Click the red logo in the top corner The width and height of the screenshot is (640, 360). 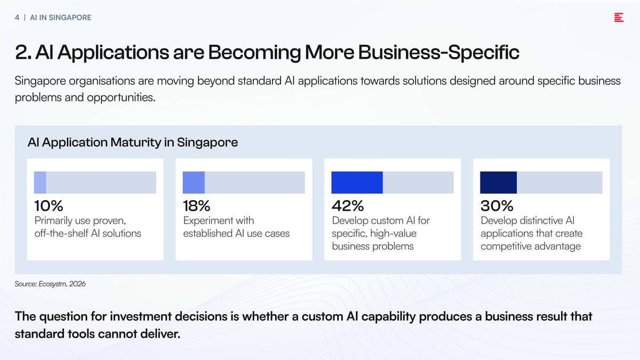619,18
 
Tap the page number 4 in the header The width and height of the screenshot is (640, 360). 17,18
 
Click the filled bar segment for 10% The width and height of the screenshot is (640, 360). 40,182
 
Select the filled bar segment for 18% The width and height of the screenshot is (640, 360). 194,182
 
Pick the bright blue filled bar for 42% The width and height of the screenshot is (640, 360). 357,182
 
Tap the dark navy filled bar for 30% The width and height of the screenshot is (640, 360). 499,182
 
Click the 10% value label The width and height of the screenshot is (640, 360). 49,206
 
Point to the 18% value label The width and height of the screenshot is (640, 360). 197,206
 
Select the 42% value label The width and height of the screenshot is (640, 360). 348,206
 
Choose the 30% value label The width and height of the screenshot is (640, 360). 497,206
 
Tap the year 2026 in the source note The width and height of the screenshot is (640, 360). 77,284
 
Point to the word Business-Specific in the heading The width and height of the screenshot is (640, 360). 439,53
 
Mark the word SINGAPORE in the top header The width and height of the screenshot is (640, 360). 70,18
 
